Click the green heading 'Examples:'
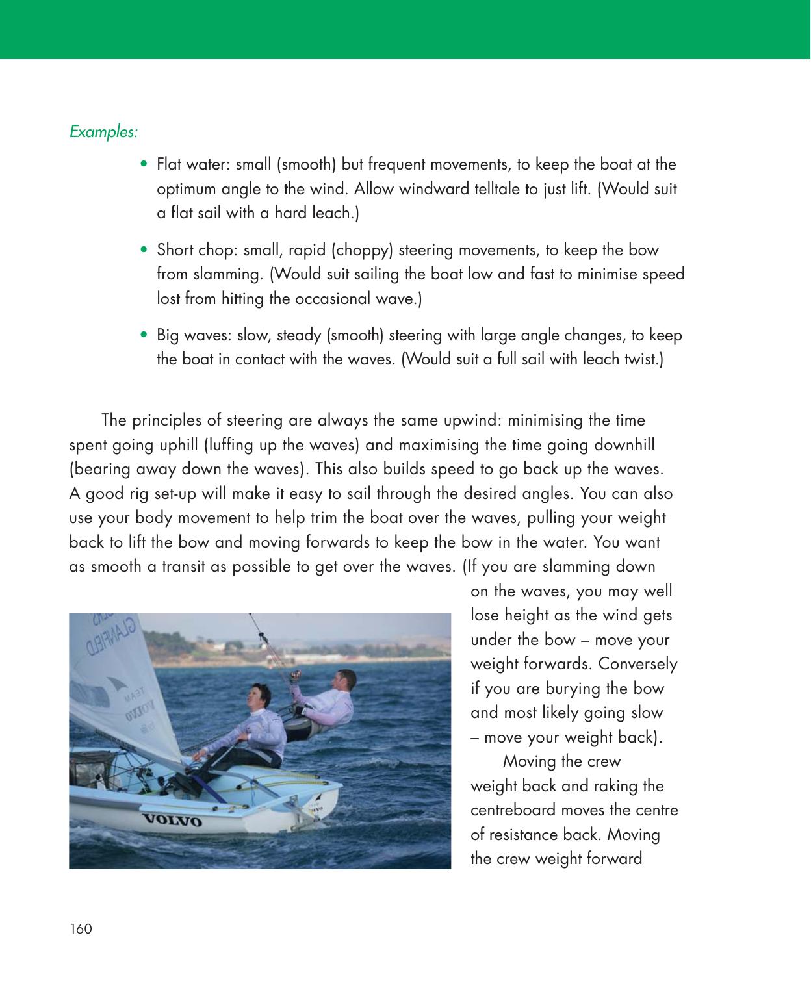click(x=103, y=132)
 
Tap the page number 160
click(x=81, y=930)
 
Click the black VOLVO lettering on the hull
click(x=172, y=821)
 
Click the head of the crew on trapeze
click(x=342, y=680)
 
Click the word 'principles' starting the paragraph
click(x=166, y=420)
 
